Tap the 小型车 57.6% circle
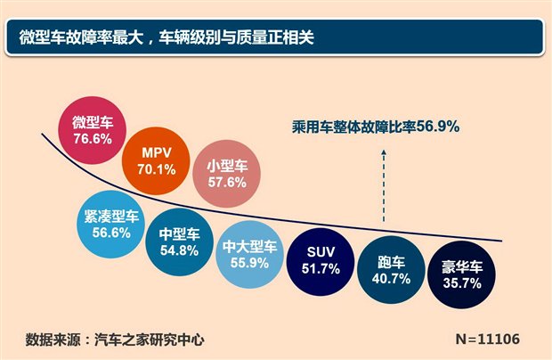[x=224, y=172]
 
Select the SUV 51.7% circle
[x=318, y=258]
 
